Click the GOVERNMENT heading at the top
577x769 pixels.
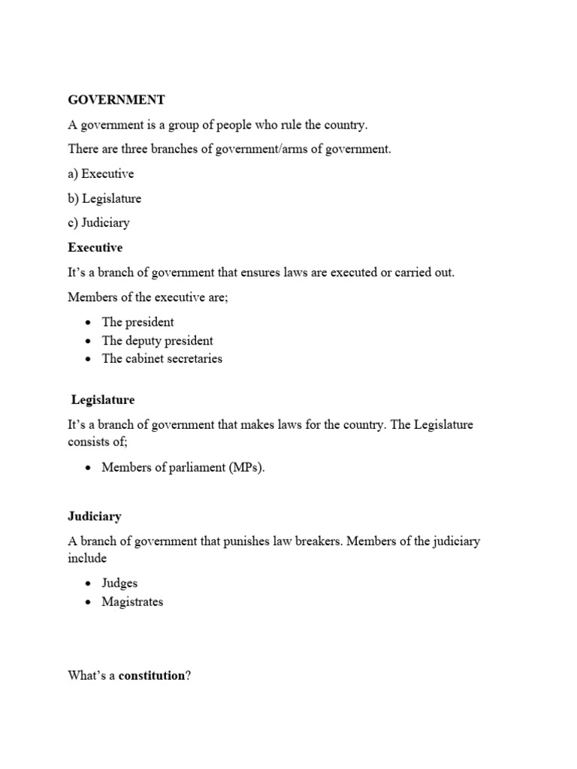[x=116, y=100]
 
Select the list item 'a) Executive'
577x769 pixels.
[x=101, y=173]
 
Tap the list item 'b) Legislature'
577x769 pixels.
[x=104, y=198]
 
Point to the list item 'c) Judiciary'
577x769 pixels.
[x=98, y=223]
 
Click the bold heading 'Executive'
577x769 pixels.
[x=95, y=247]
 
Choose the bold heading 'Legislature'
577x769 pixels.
[x=103, y=400]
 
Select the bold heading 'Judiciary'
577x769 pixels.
[x=95, y=517]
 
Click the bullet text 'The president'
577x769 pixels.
[x=137, y=322]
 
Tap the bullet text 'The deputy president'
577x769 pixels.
[x=157, y=340]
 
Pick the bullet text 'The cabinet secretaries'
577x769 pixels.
[x=162, y=358]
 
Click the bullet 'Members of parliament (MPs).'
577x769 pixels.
[x=183, y=468]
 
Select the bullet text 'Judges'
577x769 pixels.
[x=119, y=584]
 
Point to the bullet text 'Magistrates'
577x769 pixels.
[x=132, y=602]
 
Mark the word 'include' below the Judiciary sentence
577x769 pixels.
[x=87, y=558]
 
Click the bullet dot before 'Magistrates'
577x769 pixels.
[x=88, y=602]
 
